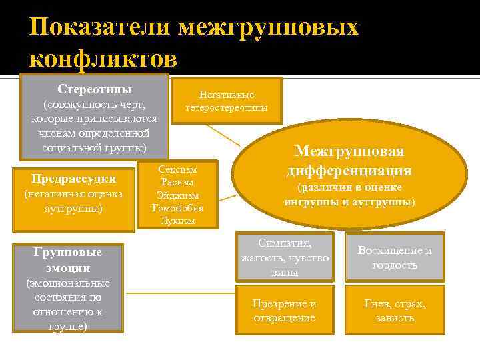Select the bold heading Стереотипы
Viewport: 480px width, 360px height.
click(x=94, y=89)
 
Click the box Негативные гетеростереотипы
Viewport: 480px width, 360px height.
click(x=227, y=101)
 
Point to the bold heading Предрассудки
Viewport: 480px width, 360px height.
click(x=73, y=179)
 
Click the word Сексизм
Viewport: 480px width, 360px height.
click(x=177, y=170)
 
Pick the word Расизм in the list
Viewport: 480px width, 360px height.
click(x=177, y=183)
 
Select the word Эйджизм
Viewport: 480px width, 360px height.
click(x=177, y=195)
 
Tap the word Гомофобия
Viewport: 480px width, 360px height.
click(x=177, y=208)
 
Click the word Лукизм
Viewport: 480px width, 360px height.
click(x=177, y=221)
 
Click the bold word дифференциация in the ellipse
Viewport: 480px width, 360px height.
click(x=349, y=170)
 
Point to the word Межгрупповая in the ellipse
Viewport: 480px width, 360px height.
click(x=349, y=151)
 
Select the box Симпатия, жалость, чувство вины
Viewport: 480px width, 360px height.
click(x=285, y=257)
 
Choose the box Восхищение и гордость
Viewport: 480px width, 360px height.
click(x=395, y=257)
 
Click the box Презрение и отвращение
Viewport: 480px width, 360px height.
click(x=285, y=311)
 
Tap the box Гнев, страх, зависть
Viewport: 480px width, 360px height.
click(x=395, y=311)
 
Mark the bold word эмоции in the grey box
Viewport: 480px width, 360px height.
click(x=69, y=268)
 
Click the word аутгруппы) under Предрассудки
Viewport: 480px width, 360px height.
click(x=73, y=208)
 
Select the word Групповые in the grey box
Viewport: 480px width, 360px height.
click(x=69, y=253)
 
